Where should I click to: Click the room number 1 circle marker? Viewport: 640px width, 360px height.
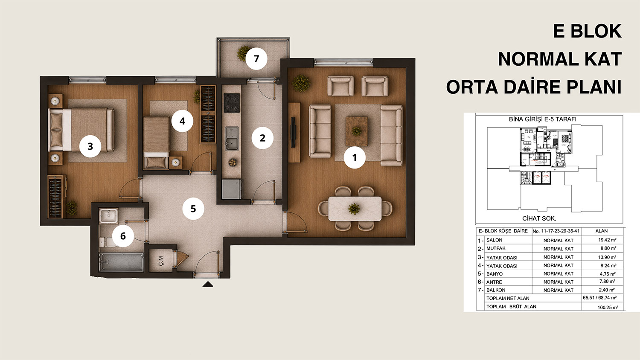(355, 157)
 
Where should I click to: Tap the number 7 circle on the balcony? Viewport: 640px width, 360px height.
(256, 58)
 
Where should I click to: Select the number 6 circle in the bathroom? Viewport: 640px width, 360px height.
(123, 236)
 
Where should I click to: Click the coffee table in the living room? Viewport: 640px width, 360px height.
(357, 131)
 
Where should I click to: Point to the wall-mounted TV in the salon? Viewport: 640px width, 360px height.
(293, 132)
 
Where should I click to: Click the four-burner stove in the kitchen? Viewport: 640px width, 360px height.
(231, 102)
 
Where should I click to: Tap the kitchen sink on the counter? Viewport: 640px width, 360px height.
(232, 139)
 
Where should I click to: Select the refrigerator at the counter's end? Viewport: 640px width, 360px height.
(232, 189)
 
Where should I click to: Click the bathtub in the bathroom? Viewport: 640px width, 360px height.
(121, 262)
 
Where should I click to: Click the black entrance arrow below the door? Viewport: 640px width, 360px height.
(208, 284)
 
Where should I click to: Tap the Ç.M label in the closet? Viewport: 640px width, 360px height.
(161, 261)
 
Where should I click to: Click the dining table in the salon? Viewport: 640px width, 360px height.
(355, 209)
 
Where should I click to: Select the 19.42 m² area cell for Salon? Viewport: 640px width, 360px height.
(607, 240)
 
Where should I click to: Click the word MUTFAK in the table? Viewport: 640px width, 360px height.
(496, 249)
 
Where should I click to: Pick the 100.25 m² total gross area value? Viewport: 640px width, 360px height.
(608, 308)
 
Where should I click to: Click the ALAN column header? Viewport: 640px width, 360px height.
(602, 231)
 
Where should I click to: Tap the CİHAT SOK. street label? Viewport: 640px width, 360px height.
(539, 218)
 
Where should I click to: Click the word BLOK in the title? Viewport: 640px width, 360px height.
(596, 31)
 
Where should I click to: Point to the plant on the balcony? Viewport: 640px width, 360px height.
(244, 53)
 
